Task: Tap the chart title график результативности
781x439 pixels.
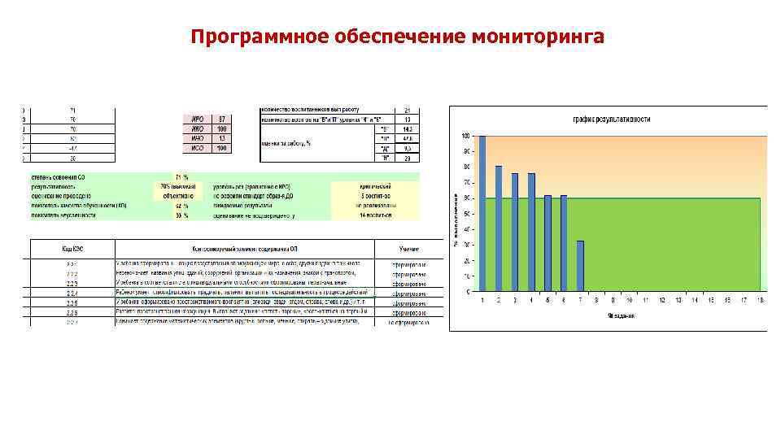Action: (x=612, y=119)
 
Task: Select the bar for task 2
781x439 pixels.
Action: (x=499, y=228)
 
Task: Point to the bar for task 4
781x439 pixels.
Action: (x=531, y=232)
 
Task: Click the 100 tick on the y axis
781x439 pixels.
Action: (x=465, y=136)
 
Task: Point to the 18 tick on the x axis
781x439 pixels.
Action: (x=760, y=300)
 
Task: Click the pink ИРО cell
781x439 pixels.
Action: (x=196, y=120)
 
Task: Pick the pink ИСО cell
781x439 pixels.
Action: (x=196, y=148)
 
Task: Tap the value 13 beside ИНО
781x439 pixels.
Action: (x=220, y=138)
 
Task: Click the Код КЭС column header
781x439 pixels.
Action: (x=72, y=250)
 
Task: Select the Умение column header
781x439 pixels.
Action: (x=408, y=250)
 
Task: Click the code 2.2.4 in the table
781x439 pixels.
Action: (x=72, y=292)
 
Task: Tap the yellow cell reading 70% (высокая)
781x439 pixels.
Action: (x=171, y=186)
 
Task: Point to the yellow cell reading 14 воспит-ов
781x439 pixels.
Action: (x=375, y=215)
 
